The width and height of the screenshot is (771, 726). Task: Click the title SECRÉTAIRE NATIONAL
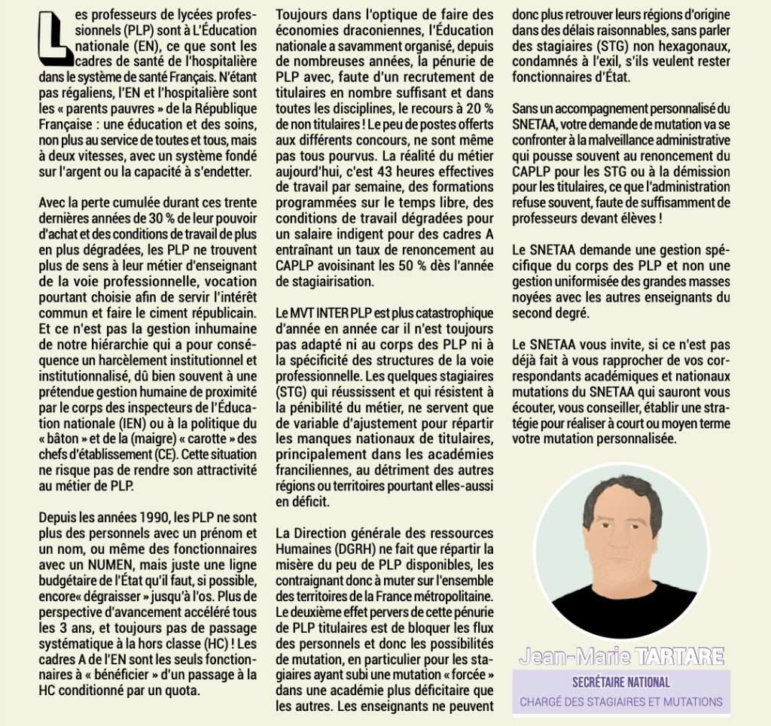(x=621, y=682)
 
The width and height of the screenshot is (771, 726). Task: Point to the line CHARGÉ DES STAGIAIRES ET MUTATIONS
(x=621, y=702)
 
